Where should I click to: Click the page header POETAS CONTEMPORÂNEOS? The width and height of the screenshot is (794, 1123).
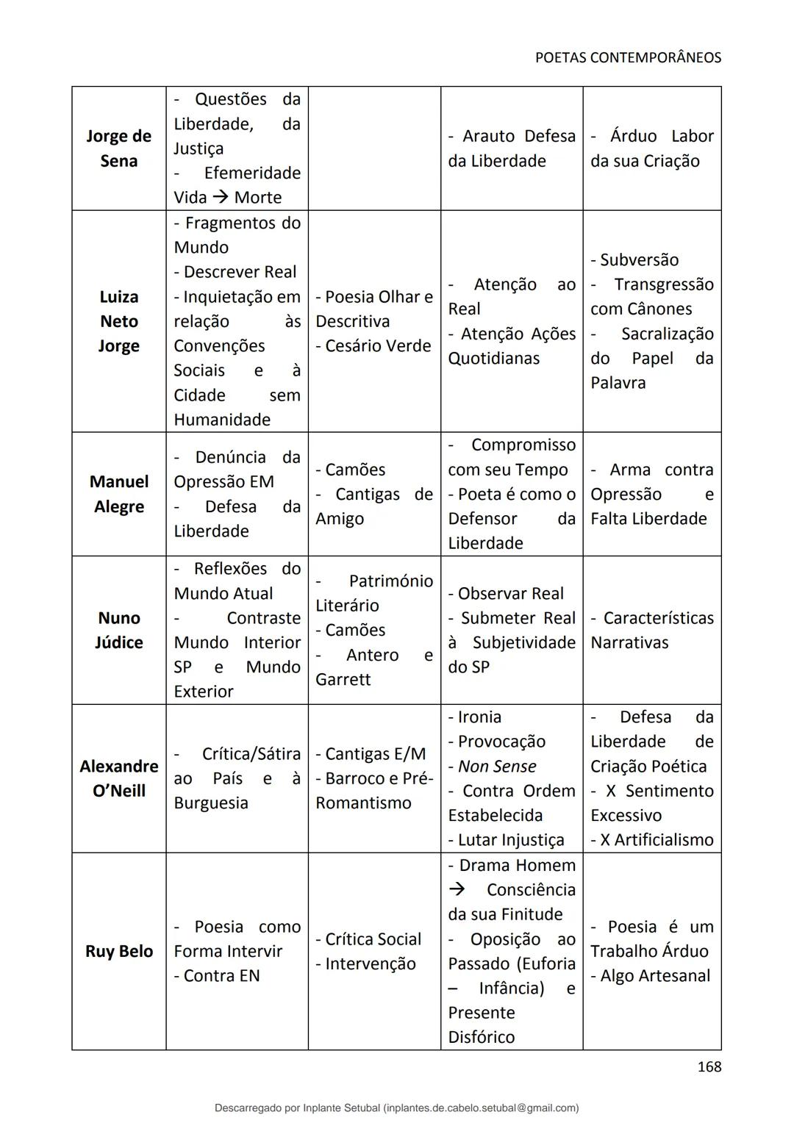pyautogui.click(x=628, y=57)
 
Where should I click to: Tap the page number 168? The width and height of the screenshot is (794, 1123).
pyautogui.click(x=709, y=1066)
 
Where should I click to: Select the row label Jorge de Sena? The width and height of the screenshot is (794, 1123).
pyautogui.click(x=118, y=148)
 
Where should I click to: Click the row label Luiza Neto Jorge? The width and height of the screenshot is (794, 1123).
pyautogui.click(x=118, y=321)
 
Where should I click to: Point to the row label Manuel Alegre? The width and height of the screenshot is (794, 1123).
pyautogui.click(x=118, y=494)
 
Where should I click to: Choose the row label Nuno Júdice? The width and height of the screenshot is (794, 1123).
pyautogui.click(x=118, y=630)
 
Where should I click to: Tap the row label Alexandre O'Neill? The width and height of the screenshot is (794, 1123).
pyautogui.click(x=118, y=778)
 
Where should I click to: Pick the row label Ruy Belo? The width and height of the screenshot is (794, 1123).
pyautogui.click(x=118, y=951)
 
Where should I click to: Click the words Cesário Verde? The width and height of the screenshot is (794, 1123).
pyautogui.click(x=378, y=345)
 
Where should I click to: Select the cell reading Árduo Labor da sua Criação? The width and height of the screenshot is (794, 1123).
pyautogui.click(x=651, y=148)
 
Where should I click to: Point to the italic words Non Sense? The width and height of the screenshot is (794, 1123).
pyautogui.click(x=497, y=766)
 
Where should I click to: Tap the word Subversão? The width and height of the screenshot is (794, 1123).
pyautogui.click(x=639, y=259)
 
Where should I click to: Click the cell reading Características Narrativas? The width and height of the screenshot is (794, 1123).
pyautogui.click(x=651, y=630)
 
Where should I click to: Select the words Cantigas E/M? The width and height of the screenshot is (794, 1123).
pyautogui.click(x=375, y=753)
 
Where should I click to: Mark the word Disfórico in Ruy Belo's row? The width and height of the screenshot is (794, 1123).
pyautogui.click(x=482, y=1037)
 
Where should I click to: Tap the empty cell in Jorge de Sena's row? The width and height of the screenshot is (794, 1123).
pyautogui.click(x=374, y=148)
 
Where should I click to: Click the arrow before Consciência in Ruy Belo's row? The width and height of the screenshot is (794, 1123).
pyautogui.click(x=457, y=889)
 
